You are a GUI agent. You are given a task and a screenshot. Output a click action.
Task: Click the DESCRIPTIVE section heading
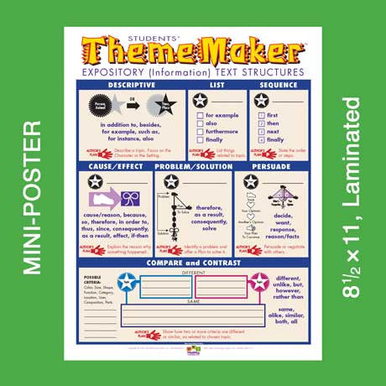pyautogui.click(x=130, y=85)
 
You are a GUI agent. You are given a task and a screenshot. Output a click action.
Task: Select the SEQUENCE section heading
pyautogui.click(x=279, y=85)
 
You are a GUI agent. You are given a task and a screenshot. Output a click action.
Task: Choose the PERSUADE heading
pyautogui.click(x=272, y=166)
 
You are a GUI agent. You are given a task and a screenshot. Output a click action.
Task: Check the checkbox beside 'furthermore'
pyautogui.click(x=199, y=132)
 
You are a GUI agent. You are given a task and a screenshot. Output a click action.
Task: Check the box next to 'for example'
pyautogui.click(x=199, y=114)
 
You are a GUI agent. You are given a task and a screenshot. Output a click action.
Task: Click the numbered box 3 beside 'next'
pyautogui.click(x=261, y=132)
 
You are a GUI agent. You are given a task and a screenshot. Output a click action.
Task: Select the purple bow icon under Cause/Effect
pyautogui.click(x=133, y=198)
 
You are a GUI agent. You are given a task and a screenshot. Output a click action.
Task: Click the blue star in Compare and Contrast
pyautogui.click(x=127, y=281)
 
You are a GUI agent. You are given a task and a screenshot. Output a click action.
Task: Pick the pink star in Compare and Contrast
pyautogui.click(x=259, y=281)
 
